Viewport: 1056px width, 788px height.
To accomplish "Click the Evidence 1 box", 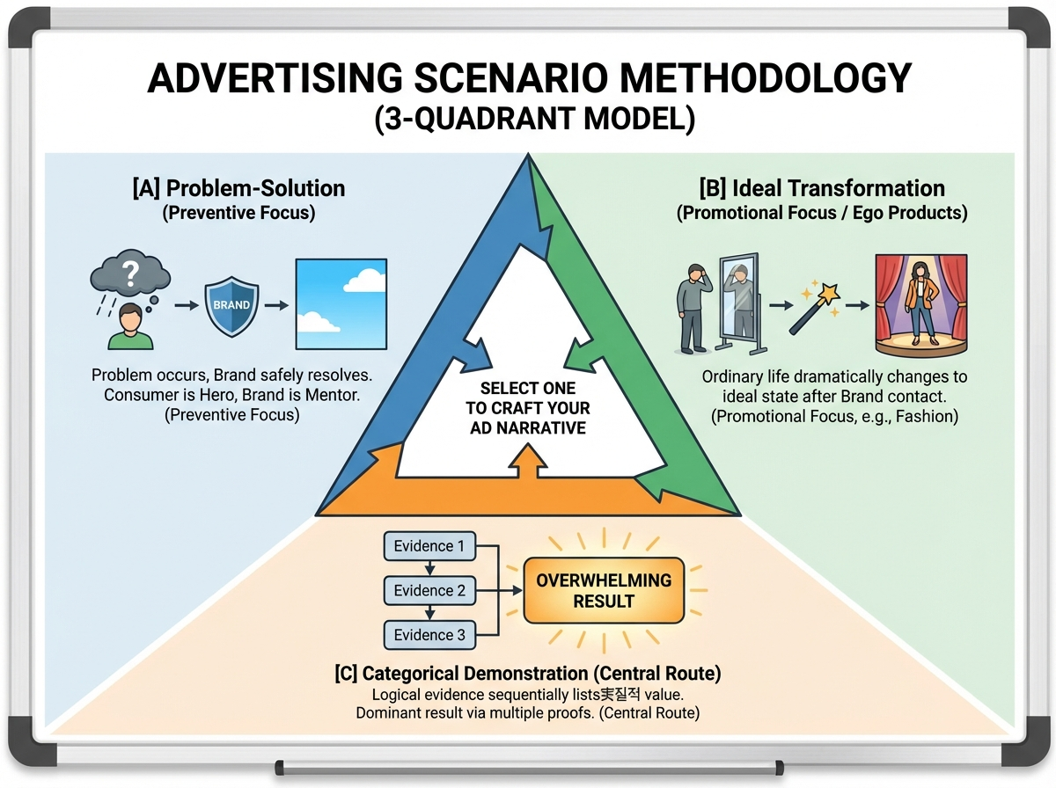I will tap(429, 546).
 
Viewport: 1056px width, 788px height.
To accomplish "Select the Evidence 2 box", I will tap(429, 590).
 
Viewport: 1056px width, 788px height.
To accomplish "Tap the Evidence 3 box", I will tap(429, 635).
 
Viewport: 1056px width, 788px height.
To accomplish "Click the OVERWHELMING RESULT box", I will tap(604, 591).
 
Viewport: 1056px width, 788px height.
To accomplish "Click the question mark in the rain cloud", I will tap(130, 274).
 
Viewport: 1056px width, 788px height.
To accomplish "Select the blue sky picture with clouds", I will tap(341, 303).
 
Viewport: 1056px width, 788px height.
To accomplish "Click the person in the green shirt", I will tap(128, 328).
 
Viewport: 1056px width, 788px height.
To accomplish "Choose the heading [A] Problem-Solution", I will tap(238, 188).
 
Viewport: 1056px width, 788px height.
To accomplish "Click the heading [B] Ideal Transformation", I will tap(822, 188).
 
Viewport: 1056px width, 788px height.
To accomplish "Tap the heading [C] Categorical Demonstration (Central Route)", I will tap(528, 674).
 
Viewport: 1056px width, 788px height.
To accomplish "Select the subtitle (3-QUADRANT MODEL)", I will tap(529, 118).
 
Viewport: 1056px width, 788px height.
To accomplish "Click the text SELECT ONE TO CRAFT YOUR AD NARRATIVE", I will tap(529, 408).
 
